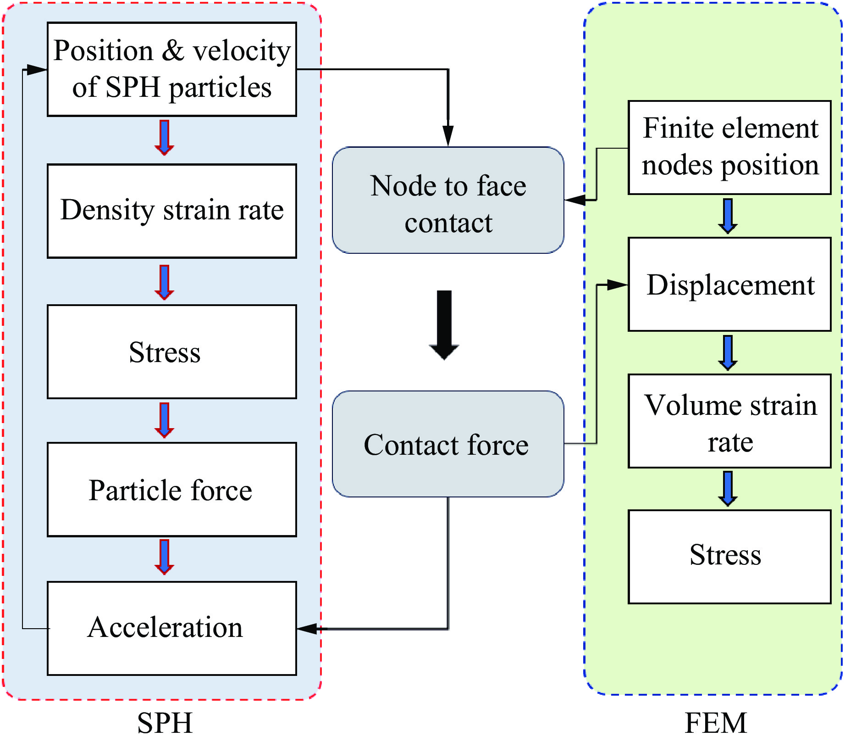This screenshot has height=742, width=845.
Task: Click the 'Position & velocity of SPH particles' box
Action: point(172,69)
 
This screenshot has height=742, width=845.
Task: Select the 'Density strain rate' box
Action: point(172,211)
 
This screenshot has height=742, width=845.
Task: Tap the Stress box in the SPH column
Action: point(172,352)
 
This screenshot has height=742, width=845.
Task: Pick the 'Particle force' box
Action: point(172,490)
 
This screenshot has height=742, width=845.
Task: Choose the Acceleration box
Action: point(172,628)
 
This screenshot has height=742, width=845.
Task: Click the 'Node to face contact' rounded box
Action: point(448,200)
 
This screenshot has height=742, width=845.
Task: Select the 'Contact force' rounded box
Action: point(448,444)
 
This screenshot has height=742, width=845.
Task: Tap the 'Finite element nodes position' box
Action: point(729,148)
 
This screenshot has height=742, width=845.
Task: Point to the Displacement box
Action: point(729,285)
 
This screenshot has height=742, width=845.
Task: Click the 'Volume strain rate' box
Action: point(729,421)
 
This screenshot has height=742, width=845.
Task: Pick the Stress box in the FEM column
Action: point(729,557)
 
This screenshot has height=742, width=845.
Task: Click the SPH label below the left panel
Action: point(165,723)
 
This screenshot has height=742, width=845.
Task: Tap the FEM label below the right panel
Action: point(715,723)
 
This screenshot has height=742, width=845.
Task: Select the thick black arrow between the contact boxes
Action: point(444,325)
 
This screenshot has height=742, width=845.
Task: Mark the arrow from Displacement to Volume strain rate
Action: point(728,352)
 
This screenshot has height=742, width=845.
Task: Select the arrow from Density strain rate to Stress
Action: point(164,282)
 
